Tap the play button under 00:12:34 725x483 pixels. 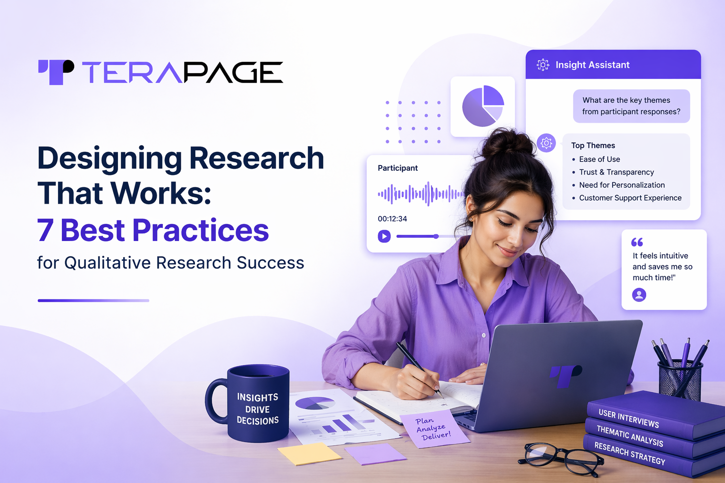pyautogui.click(x=384, y=236)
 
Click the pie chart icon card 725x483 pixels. pyautogui.click(x=482, y=107)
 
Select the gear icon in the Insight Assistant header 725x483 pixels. pyautogui.click(x=543, y=65)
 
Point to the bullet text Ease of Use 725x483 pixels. pyautogui.click(x=599, y=159)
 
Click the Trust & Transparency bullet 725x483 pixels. pyautogui.click(x=616, y=172)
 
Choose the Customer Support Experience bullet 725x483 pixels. pyautogui.click(x=630, y=198)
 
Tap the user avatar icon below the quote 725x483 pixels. pyautogui.click(x=639, y=295)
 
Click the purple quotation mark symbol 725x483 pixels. pyautogui.click(x=637, y=242)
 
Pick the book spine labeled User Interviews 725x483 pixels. pyautogui.click(x=629, y=418)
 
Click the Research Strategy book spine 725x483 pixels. pyautogui.click(x=630, y=453)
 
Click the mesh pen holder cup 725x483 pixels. pyautogui.click(x=680, y=380)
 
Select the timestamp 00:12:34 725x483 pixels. pyautogui.click(x=392, y=219)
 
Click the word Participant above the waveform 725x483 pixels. pyautogui.click(x=397, y=168)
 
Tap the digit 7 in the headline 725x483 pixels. pyautogui.click(x=45, y=230)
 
